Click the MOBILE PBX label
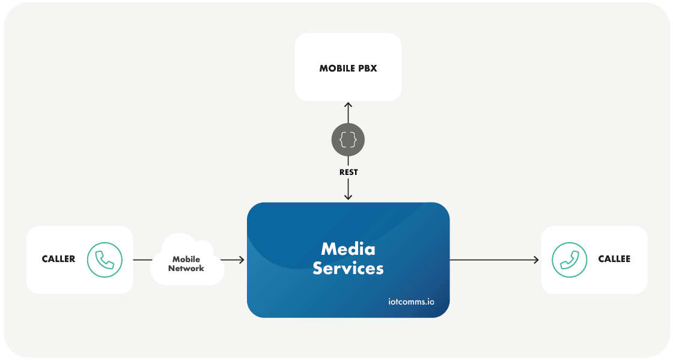348,69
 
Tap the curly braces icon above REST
348,141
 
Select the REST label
348,172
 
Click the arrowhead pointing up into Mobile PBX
348,105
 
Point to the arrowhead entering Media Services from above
348,197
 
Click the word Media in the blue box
348,249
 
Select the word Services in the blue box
348,268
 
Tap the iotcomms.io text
411,301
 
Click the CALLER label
58,259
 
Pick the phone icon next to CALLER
105,260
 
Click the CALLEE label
614,259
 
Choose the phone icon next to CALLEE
568,260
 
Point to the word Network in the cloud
186,269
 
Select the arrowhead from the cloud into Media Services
241,260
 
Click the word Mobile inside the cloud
186,259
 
